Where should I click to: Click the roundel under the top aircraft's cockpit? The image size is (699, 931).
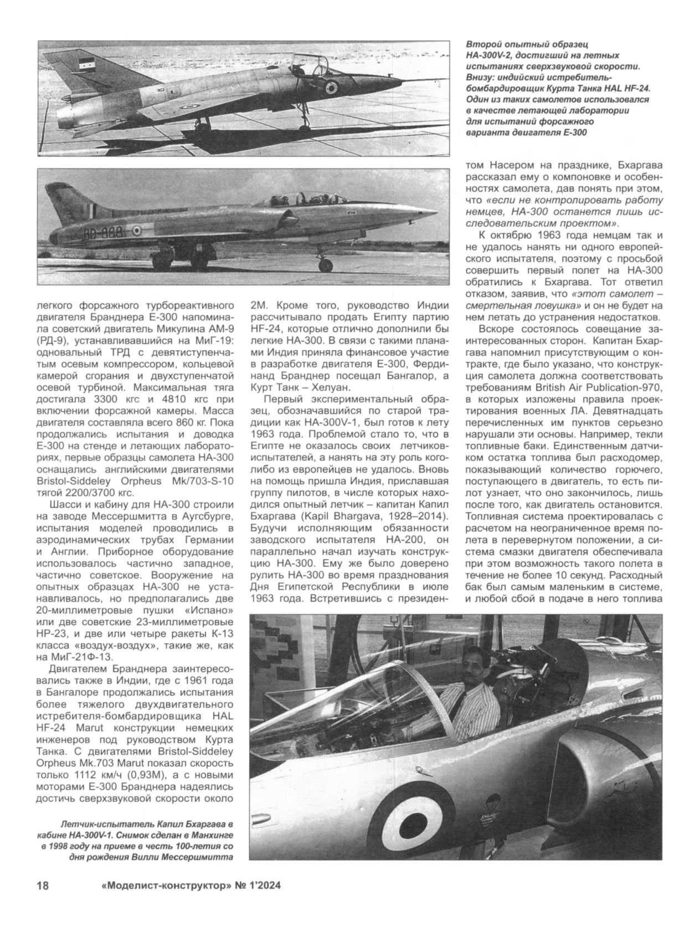pos(332,86)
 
